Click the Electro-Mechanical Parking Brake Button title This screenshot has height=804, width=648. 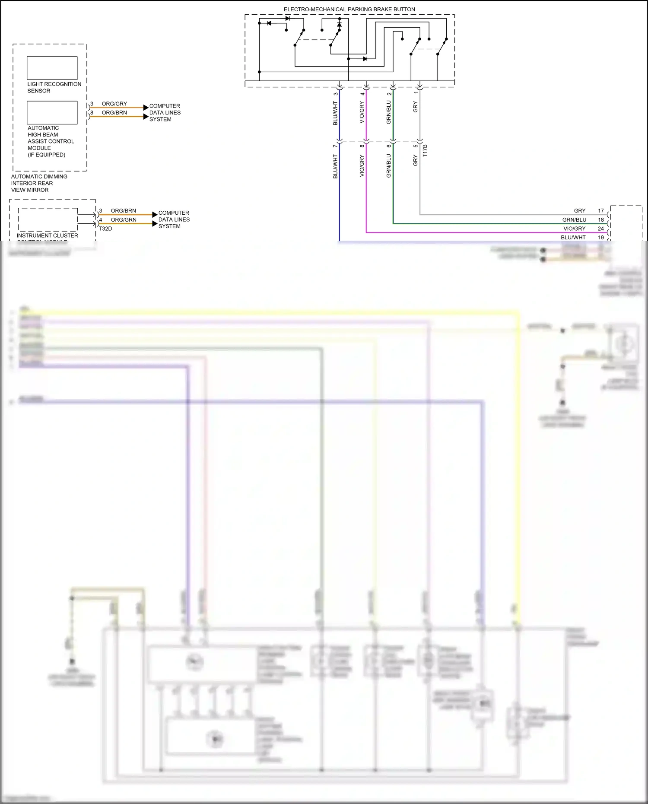point(349,9)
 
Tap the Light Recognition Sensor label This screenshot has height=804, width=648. point(54,87)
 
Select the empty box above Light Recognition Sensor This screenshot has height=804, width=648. point(52,68)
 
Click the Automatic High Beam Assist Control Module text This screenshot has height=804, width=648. point(51,141)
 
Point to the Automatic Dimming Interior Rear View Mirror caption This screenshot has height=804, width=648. point(39,183)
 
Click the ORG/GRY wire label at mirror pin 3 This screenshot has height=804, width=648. point(114,104)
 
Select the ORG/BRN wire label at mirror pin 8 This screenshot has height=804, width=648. point(114,112)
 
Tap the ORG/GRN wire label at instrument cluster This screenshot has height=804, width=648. point(124,219)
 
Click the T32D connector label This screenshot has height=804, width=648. point(105,229)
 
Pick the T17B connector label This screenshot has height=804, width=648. point(425,150)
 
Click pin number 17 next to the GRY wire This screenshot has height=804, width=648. point(600,211)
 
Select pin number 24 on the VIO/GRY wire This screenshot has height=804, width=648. point(600,229)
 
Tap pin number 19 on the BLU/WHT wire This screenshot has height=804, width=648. point(600,237)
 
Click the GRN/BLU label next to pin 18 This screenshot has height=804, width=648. point(574,219)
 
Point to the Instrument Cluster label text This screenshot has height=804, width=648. point(48,235)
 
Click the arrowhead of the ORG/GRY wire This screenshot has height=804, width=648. point(146,108)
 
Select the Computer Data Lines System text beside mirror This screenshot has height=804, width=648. point(165,112)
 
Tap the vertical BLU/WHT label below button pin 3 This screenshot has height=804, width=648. point(335,113)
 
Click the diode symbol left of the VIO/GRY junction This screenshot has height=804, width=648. point(365,59)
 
